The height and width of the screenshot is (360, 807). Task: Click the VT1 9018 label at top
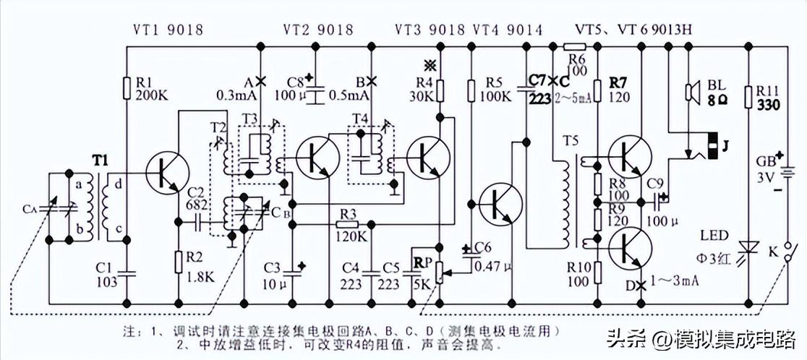click(x=168, y=30)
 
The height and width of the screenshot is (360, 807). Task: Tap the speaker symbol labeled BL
click(x=692, y=92)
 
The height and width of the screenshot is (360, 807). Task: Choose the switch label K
click(x=774, y=253)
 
